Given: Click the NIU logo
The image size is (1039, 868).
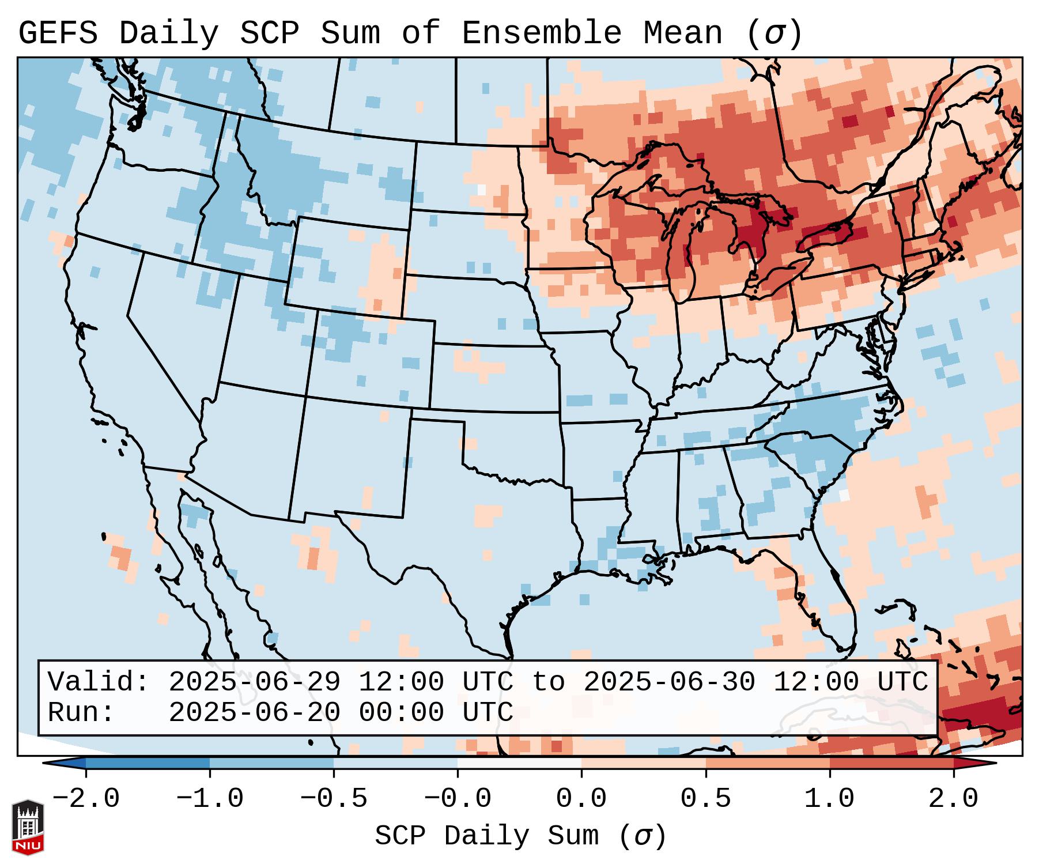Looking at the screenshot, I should [x=28, y=827].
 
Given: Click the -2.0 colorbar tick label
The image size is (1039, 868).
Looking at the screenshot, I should [x=86, y=799].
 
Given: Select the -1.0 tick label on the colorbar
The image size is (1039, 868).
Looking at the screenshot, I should [x=210, y=799].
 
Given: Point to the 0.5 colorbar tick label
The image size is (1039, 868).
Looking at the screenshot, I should [x=706, y=799].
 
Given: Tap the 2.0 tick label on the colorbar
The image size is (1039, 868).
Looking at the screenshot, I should [x=954, y=799].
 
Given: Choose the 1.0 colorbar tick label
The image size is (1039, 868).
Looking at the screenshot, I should [x=830, y=799].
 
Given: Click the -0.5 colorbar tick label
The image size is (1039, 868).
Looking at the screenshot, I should [x=334, y=799].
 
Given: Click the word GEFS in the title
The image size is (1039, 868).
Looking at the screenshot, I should [x=58, y=33].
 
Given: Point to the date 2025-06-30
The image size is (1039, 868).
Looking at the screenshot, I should [x=669, y=682].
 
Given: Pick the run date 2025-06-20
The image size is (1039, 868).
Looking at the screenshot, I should [x=254, y=712].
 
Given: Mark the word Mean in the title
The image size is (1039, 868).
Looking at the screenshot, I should [x=683, y=33].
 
